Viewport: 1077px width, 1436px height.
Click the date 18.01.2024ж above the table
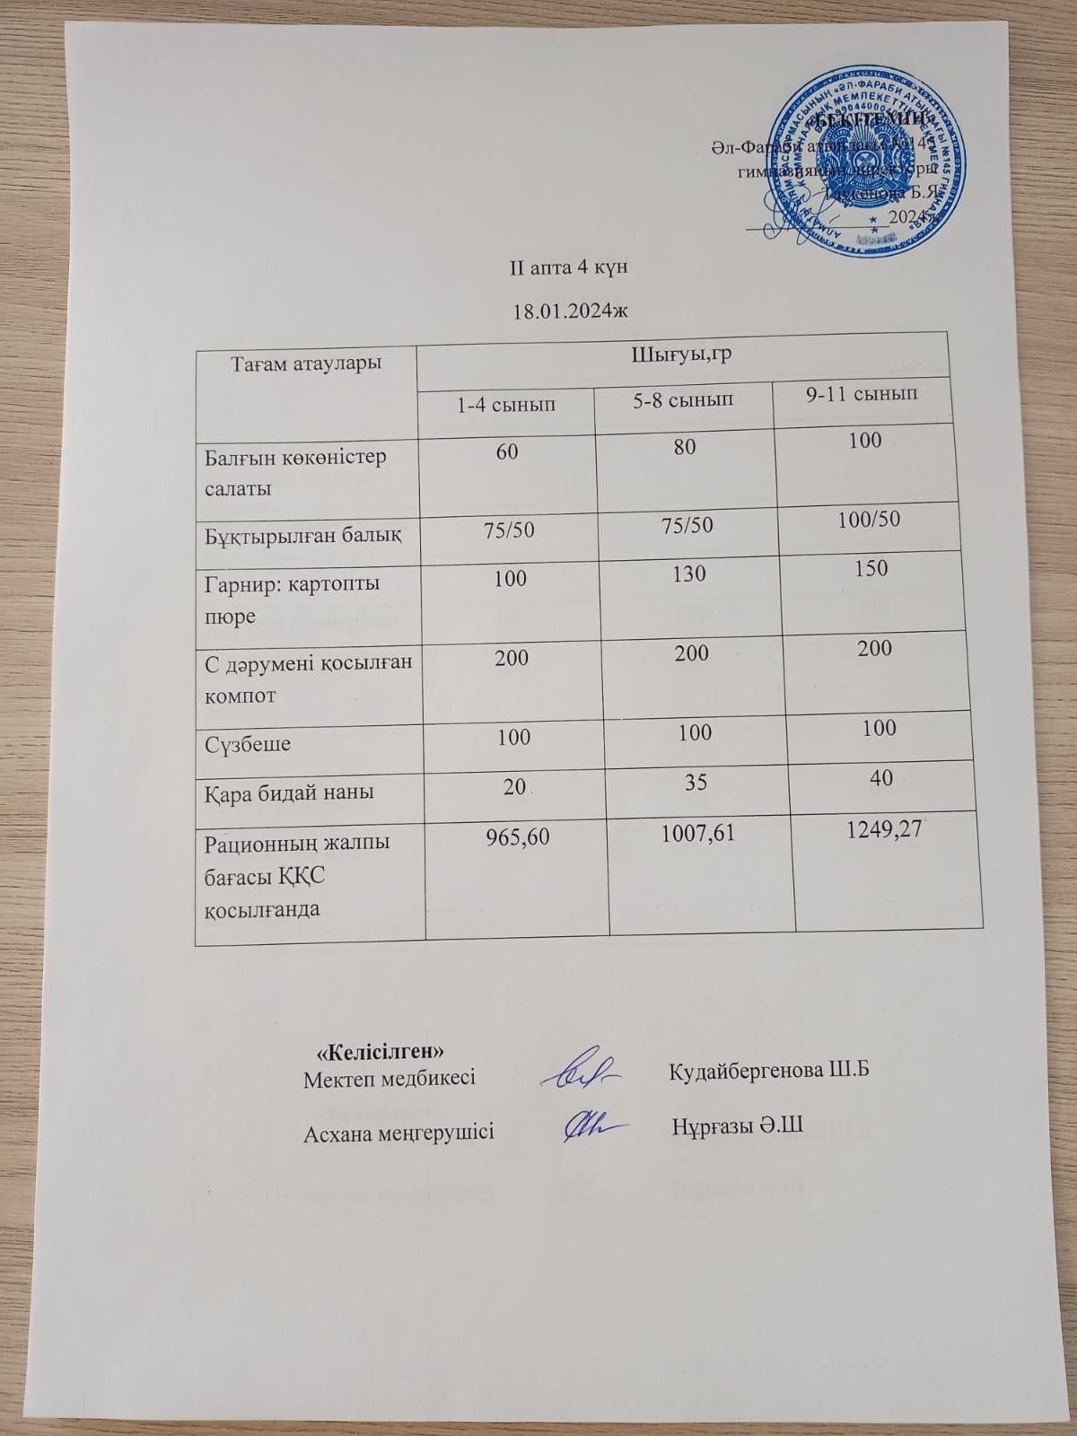point(568,311)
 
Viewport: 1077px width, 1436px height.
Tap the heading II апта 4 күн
point(568,267)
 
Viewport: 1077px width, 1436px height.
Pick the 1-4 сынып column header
point(506,405)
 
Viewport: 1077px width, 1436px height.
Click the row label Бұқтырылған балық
point(302,536)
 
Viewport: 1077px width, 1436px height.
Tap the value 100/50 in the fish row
point(865,520)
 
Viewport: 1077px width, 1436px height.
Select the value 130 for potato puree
point(688,573)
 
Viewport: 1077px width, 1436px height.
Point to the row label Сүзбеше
point(248,744)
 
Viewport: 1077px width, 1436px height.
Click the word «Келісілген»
point(381,1049)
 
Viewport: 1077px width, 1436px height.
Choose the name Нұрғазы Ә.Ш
point(737,1125)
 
